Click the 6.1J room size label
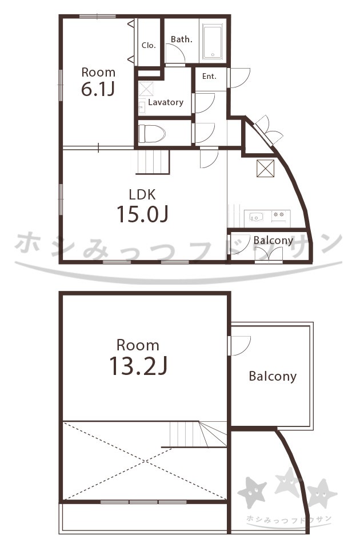tap(98, 89)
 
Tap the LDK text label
tap(142, 194)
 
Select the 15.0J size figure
tap(142, 214)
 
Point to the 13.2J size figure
tap(138, 366)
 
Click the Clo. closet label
tap(149, 45)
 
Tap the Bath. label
tap(181, 39)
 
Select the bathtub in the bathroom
tap(213, 42)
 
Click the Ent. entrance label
tap(209, 76)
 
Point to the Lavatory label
tap(166, 102)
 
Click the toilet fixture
tap(152, 133)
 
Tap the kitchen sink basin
tap(256, 217)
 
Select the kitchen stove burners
tap(279, 215)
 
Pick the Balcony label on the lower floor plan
tap(273, 377)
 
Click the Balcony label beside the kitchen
tap(273, 240)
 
